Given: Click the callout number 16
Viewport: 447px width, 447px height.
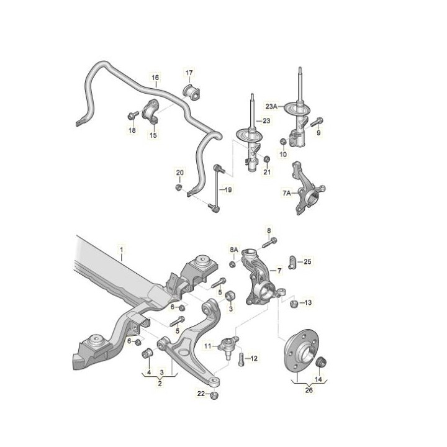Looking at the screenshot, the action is (x=155, y=77).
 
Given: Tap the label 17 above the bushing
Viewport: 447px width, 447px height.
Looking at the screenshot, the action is (x=189, y=73).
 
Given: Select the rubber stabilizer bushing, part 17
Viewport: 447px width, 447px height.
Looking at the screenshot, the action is (x=191, y=91).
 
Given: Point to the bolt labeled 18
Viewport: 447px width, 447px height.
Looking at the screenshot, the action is (x=133, y=115).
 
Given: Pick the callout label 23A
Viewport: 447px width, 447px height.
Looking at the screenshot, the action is (x=271, y=107).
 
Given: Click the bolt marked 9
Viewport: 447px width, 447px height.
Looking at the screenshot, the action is (x=317, y=122).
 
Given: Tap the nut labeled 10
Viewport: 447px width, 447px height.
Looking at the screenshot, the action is (x=283, y=141).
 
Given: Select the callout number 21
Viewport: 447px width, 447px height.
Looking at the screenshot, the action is (x=267, y=172).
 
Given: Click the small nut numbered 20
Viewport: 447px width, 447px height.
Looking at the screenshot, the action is (x=179, y=187).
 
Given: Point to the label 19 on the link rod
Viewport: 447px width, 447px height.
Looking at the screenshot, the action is (x=228, y=189).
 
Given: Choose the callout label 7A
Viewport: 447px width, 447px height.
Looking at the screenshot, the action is (x=286, y=193).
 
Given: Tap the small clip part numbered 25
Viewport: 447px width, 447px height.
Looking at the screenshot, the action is (x=292, y=262).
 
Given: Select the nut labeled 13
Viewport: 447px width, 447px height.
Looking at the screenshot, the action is (x=294, y=304).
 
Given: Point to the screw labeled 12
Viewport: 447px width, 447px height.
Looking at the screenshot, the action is (x=241, y=359).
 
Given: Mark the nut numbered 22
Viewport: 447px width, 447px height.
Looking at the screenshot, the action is (x=214, y=395).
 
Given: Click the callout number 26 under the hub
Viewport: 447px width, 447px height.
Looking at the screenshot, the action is (x=309, y=390).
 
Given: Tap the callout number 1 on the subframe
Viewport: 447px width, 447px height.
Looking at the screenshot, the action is (x=122, y=250).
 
